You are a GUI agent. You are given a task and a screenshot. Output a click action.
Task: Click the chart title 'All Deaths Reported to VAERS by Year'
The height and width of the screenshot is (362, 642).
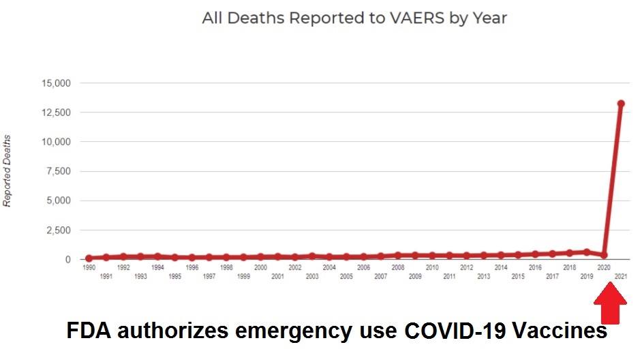tap(354, 18)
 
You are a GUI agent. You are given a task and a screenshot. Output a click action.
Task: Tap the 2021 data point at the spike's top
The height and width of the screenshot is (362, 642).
tap(621, 104)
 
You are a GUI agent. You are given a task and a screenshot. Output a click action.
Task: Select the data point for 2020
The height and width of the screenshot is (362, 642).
tap(604, 255)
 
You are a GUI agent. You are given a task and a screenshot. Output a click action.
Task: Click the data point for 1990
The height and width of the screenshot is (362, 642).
tap(89, 258)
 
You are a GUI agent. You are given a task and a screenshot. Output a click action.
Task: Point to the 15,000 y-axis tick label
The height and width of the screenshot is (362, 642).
tap(57, 83)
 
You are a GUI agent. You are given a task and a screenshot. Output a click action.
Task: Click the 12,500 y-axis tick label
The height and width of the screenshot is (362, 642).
tap(57, 112)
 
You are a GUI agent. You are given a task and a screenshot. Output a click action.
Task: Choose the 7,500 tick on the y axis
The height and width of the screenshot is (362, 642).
tap(59, 171)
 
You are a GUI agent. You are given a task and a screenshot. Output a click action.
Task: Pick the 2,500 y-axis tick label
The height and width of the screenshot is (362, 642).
tap(59, 230)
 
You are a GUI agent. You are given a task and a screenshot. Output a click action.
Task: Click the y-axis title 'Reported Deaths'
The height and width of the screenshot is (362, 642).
tap(7, 171)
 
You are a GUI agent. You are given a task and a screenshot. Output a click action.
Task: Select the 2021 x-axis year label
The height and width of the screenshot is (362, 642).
tap(621, 277)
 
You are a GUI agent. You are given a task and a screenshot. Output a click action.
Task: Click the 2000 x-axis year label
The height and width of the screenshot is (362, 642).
tap(260, 268)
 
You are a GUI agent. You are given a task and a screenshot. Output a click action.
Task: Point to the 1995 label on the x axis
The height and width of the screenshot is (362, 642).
tap(174, 277)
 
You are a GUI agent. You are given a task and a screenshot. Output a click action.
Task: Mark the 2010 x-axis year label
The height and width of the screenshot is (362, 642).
tap(432, 268)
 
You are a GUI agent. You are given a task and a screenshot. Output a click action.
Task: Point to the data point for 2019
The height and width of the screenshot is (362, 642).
tap(587, 252)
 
